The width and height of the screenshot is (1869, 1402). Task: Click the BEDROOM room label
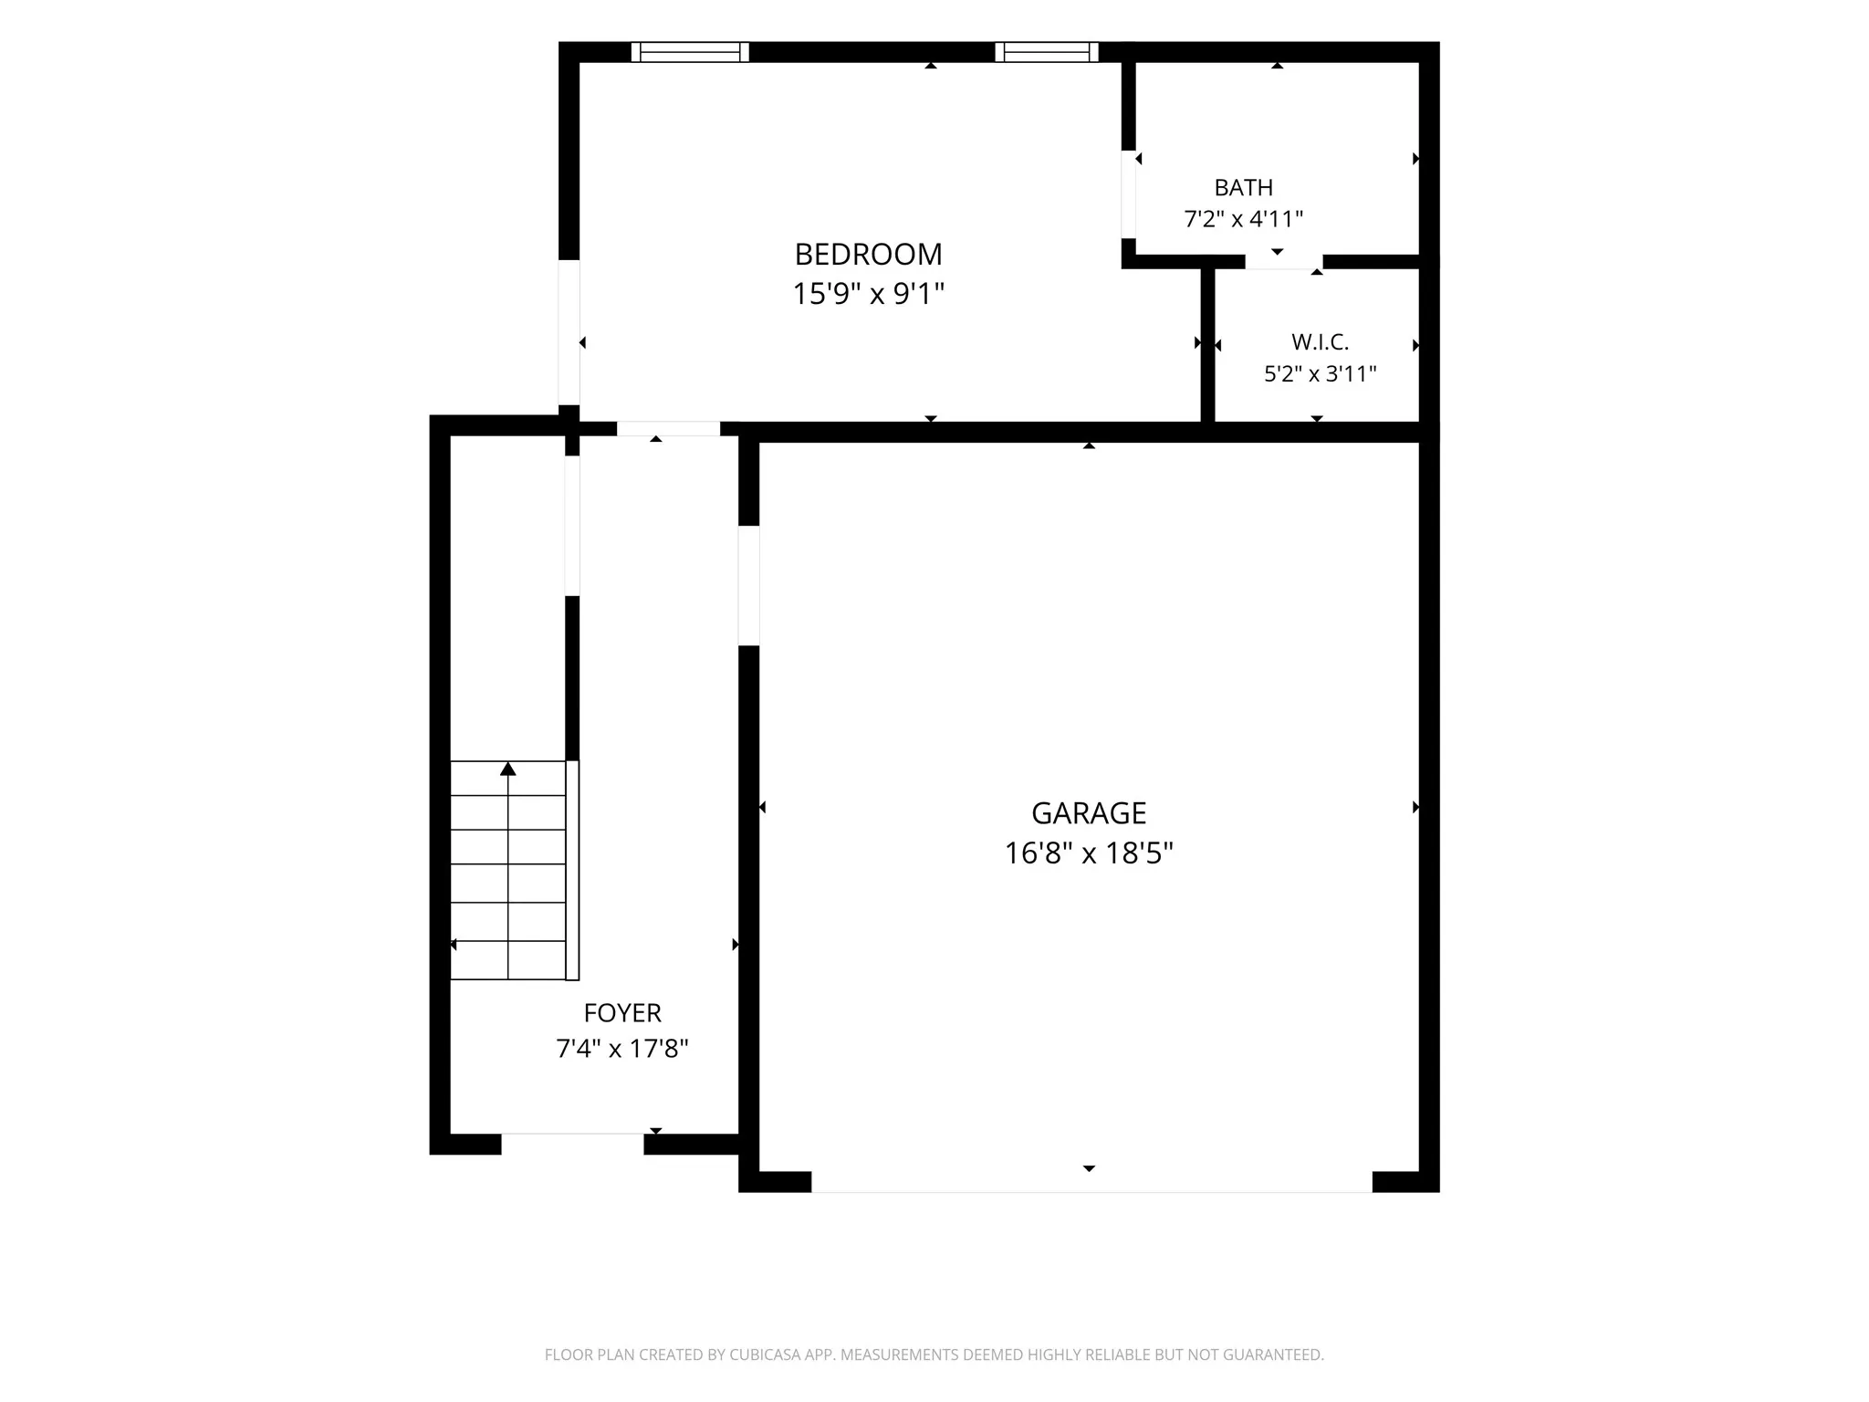point(868,254)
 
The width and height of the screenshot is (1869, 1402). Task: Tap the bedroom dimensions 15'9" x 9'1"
point(868,294)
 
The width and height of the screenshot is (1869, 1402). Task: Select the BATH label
point(1243,187)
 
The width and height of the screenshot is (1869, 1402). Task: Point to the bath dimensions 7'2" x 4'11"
point(1243,219)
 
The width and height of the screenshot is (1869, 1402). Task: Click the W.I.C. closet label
point(1320,342)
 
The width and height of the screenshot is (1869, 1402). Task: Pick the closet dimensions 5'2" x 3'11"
point(1320,374)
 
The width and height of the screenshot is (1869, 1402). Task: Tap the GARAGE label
point(1089,812)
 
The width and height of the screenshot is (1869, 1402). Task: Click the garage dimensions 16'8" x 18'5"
point(1089,853)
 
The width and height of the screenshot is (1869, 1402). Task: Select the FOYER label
point(622,1013)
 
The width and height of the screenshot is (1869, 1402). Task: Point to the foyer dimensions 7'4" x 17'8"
point(622,1049)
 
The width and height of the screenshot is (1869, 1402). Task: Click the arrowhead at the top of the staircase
point(508,769)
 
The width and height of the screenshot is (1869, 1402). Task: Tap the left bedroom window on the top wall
point(690,52)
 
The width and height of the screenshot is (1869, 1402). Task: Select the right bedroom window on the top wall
point(1047,52)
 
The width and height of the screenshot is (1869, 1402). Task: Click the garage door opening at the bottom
point(1091,1182)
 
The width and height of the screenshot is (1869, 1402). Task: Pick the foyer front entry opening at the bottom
point(572,1144)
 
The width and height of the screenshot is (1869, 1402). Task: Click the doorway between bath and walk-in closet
point(1284,262)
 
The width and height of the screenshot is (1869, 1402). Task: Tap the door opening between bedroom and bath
point(1129,194)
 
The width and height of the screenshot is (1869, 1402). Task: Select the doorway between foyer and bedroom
point(669,429)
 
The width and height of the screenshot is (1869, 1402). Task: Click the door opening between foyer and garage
point(748,586)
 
